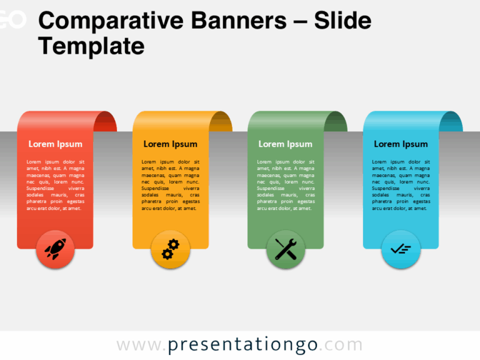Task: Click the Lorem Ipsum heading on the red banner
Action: pyautogui.click(x=55, y=144)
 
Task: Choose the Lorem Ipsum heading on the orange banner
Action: pyautogui.click(x=170, y=144)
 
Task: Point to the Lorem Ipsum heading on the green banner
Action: pyautogui.click(x=286, y=144)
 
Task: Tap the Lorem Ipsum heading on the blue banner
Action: pyautogui.click(x=401, y=144)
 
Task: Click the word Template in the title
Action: pyautogui.click(x=91, y=46)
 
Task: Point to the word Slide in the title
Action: pyautogui.click(x=342, y=21)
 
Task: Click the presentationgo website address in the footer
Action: pyautogui.click(x=239, y=345)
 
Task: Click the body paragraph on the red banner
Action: pyautogui.click(x=55, y=185)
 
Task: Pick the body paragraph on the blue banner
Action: pyautogui.click(x=401, y=185)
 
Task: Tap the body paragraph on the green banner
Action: pyautogui.click(x=286, y=185)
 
